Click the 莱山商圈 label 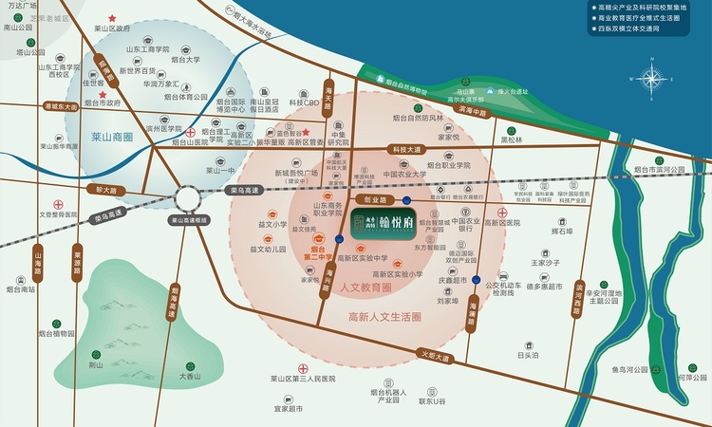[x=112, y=138]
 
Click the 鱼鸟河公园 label [x=629, y=368]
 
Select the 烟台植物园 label [x=57, y=334]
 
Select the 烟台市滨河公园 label [x=662, y=169]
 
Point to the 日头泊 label [x=529, y=355]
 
